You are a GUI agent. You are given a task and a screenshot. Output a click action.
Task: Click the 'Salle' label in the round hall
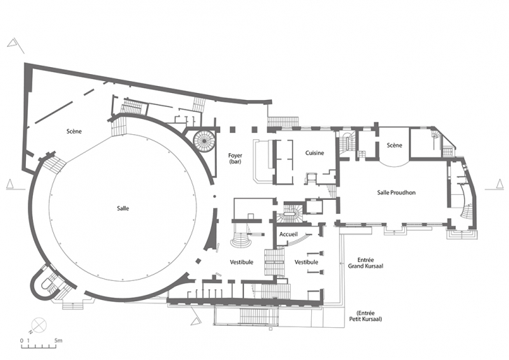click(123, 208)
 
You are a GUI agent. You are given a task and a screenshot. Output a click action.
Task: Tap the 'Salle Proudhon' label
click(396, 192)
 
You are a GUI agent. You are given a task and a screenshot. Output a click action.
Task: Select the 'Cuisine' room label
click(314, 153)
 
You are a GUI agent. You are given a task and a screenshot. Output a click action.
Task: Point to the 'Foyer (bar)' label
click(235, 159)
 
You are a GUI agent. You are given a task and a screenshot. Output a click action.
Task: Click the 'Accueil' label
click(288, 234)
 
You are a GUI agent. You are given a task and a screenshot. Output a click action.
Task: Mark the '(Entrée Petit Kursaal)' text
click(366, 316)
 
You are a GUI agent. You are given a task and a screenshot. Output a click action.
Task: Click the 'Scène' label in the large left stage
click(74, 131)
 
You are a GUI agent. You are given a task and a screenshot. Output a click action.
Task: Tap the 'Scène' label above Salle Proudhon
click(394, 145)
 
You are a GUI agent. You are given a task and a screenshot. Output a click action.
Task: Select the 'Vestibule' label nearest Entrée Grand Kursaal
click(306, 262)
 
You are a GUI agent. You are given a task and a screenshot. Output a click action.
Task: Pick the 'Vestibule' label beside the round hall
click(241, 262)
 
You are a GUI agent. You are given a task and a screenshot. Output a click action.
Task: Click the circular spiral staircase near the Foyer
click(204, 141)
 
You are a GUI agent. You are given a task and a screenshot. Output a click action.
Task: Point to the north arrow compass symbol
click(39, 324)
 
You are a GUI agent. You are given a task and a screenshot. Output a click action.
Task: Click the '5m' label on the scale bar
click(59, 340)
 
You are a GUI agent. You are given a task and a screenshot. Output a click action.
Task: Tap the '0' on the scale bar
click(22, 341)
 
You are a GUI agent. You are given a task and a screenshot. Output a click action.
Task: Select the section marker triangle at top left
click(13, 43)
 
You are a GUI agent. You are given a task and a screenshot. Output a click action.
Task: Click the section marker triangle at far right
click(500, 184)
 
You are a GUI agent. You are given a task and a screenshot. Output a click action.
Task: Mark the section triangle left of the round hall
click(10, 184)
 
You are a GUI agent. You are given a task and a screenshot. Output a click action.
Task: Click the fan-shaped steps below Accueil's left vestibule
click(241, 240)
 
